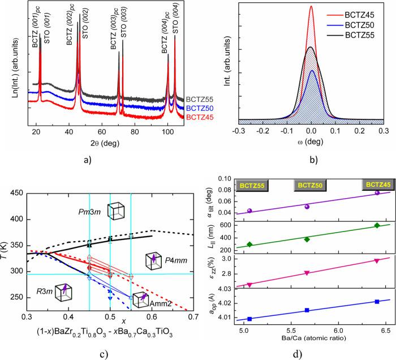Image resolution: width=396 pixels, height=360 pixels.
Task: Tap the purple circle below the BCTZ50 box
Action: [x=307, y=207]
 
